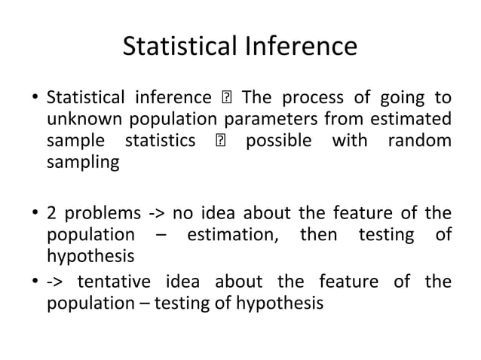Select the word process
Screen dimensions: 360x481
pos(312,98)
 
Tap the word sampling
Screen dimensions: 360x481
pos(82,162)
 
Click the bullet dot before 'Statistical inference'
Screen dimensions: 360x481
pos(35,99)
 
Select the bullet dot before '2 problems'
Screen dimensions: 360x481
pos(35,212)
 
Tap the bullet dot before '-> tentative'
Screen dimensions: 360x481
pos(35,283)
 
